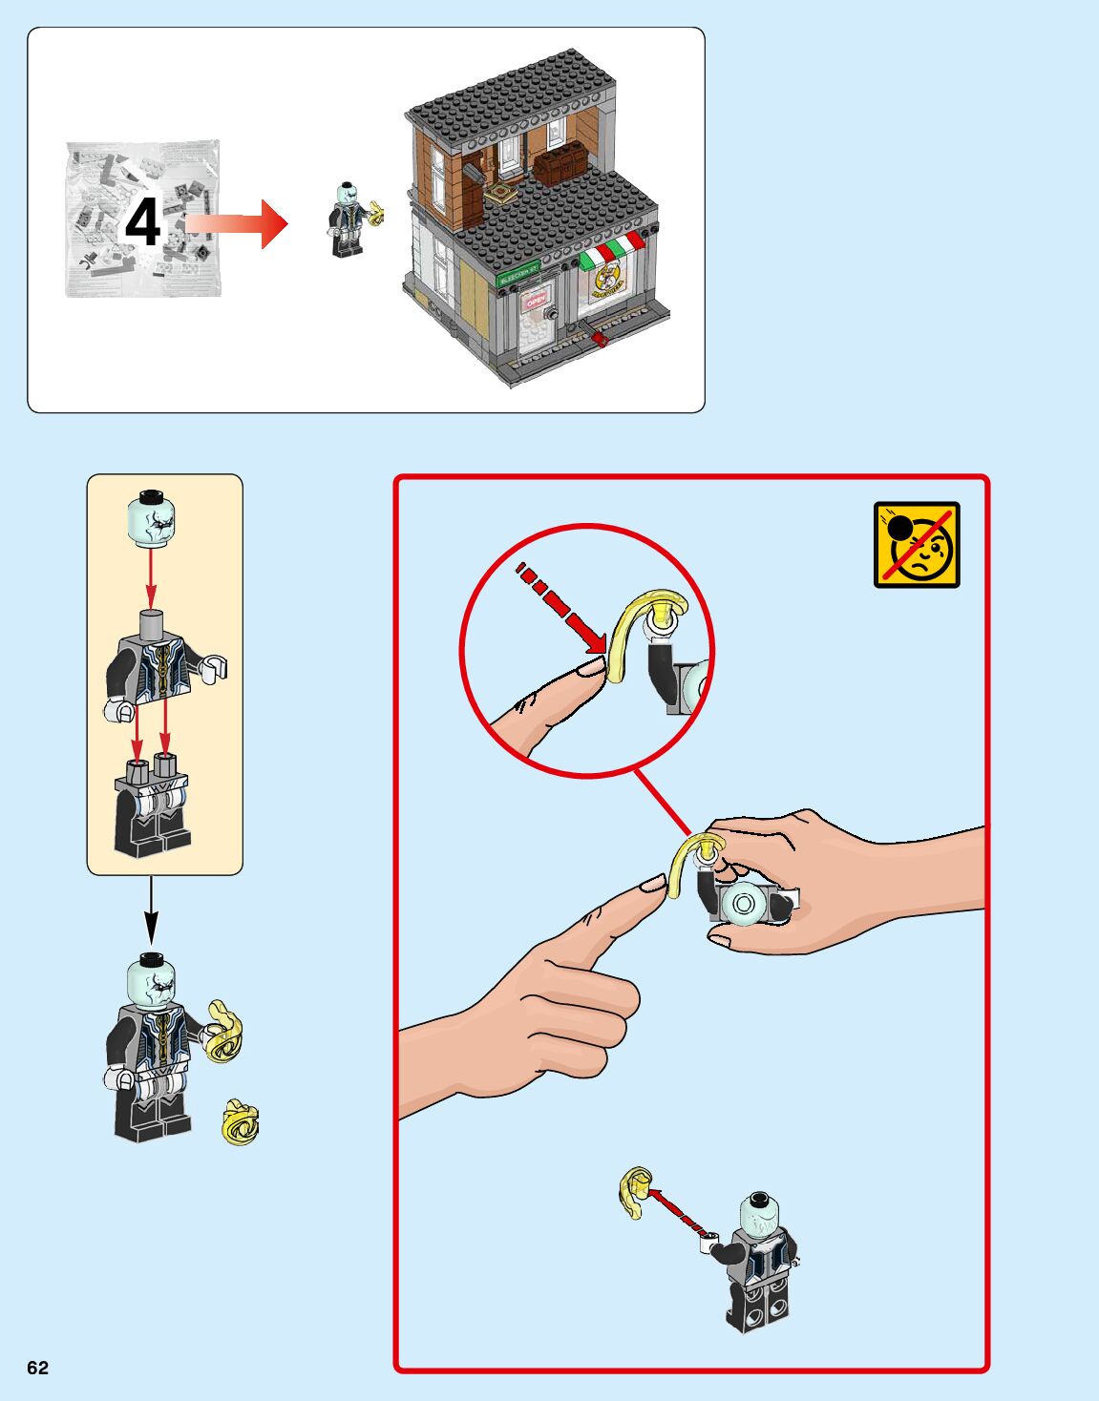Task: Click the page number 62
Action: [37, 1368]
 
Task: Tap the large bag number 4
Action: [143, 223]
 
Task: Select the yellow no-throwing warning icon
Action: [917, 545]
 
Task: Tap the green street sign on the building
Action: [519, 272]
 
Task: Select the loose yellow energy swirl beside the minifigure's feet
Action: [240, 1122]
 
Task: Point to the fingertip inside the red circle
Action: [592, 666]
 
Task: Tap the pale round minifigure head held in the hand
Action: [745, 903]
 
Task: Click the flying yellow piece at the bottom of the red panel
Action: [634, 1192]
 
